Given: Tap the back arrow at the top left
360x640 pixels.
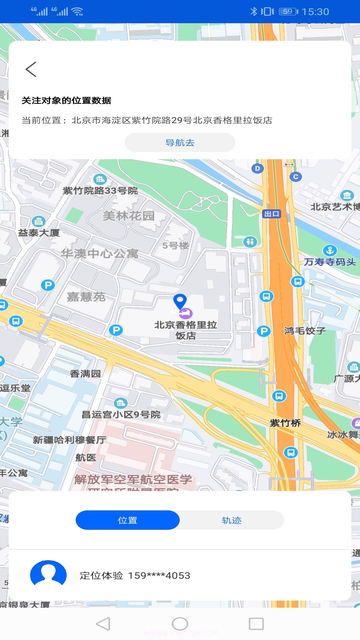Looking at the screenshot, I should point(31,69).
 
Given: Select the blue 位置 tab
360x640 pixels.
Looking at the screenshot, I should point(128,520).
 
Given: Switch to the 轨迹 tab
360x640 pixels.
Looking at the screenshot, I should point(232,520).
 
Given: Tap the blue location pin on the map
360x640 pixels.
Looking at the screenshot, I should point(180,301).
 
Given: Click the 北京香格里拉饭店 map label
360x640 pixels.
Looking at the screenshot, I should point(186,330).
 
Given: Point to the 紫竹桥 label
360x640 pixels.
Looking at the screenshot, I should point(285,423).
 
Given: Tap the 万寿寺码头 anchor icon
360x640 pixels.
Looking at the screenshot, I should point(330,250).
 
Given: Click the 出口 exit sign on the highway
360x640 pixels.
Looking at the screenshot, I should point(272,214).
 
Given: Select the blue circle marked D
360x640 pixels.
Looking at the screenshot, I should point(257,168).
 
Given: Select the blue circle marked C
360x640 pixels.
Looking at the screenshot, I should point(296,177).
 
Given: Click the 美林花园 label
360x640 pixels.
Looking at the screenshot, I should point(129,216).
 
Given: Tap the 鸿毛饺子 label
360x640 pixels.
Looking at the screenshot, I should point(305,331).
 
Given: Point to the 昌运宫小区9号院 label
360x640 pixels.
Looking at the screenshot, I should point(121,414).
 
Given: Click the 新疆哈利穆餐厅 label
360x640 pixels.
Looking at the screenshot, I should point(69,440).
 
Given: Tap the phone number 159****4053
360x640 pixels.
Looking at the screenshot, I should point(159,575).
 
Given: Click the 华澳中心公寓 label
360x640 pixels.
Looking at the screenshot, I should point(99,254).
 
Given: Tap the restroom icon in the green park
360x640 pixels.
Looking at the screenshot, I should point(250,241).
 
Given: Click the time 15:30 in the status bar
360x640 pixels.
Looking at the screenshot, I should point(315,12).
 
